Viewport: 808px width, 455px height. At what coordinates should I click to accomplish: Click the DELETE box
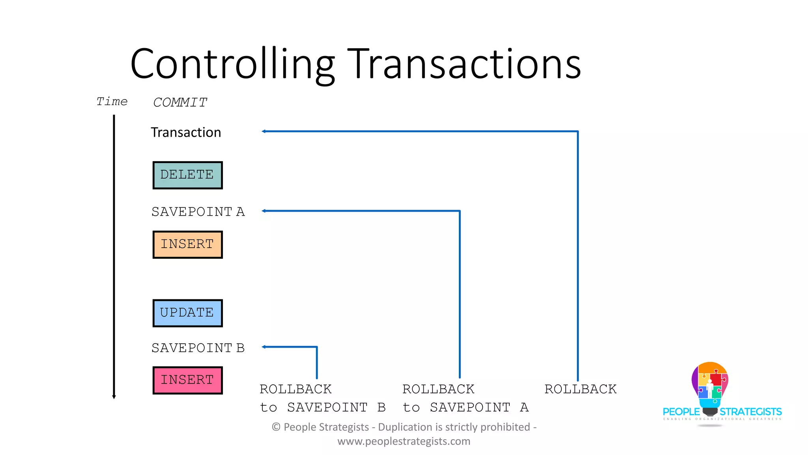point(187,175)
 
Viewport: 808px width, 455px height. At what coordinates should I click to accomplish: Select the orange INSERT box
point(187,244)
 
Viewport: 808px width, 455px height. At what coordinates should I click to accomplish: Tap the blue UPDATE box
point(187,313)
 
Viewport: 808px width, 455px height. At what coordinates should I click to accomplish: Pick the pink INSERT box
point(187,380)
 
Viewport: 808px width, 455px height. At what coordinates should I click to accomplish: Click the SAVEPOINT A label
point(198,212)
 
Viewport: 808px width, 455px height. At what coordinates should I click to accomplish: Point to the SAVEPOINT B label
point(198,348)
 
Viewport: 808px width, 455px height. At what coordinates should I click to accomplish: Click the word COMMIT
point(180,103)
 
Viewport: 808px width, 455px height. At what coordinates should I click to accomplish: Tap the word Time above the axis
point(112,102)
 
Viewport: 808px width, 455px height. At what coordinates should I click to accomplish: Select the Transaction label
point(186,132)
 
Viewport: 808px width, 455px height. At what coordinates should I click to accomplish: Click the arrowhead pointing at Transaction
point(264,132)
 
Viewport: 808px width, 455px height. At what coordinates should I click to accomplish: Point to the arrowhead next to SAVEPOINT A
point(264,211)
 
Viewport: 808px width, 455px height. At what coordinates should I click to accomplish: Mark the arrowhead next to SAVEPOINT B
point(264,347)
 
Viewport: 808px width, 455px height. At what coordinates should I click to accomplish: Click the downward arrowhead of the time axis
point(114,397)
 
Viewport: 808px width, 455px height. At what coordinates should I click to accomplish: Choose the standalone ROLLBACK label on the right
point(580,389)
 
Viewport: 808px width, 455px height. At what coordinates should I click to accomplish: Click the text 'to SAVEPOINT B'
point(323,407)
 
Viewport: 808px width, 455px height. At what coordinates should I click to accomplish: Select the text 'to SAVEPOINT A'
point(466,407)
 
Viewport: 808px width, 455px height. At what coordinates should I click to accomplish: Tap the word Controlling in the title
point(233,64)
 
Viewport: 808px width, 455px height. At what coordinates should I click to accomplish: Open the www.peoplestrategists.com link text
point(404,441)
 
